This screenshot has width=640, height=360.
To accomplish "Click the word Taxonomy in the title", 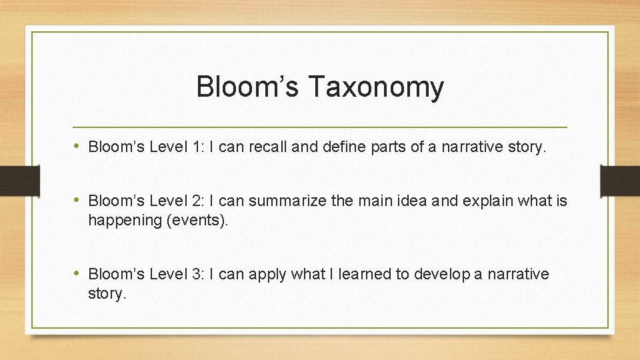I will (x=376, y=88).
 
